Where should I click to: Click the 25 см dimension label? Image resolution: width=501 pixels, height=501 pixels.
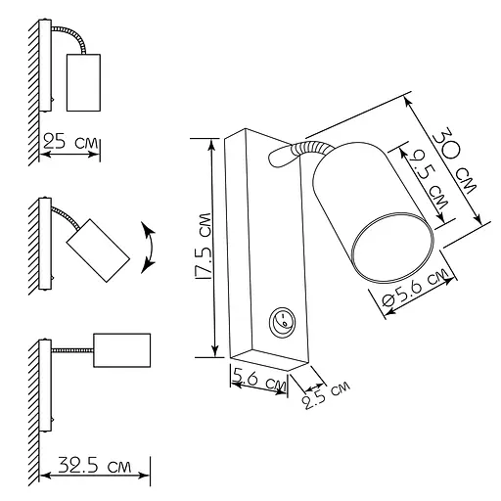(70, 141)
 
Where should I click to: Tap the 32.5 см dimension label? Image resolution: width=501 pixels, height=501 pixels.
(95, 465)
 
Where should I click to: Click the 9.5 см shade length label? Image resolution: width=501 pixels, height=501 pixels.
(429, 179)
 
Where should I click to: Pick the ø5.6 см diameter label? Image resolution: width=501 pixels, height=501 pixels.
(414, 288)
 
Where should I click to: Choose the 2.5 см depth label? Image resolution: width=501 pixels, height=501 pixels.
(326, 394)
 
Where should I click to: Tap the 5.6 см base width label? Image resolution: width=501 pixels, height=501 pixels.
(259, 379)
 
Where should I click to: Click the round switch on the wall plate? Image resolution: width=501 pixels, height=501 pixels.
(280, 321)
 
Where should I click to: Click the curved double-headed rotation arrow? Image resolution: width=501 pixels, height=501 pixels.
(151, 248)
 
